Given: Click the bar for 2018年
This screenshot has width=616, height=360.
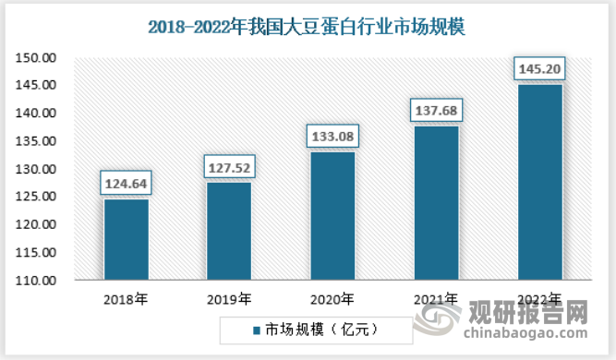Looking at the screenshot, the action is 127,239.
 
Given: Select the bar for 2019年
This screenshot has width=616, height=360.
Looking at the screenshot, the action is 229,231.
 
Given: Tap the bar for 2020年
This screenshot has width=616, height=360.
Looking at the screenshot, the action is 332,216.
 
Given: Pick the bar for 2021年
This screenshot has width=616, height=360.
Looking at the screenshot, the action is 437,203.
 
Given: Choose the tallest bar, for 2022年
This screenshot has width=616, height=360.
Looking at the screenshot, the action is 540,182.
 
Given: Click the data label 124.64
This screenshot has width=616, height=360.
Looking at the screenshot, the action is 127,184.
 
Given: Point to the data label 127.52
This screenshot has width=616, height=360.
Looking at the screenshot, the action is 229,168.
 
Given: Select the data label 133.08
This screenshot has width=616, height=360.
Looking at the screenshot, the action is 332,137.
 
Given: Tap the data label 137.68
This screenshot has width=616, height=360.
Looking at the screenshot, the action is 437,111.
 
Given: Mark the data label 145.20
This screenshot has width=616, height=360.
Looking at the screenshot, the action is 539,68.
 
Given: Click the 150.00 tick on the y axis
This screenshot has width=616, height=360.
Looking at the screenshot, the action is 36,58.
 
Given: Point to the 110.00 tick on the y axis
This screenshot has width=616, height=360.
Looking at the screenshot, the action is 36,281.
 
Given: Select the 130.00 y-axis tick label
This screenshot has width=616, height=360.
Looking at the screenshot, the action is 36,169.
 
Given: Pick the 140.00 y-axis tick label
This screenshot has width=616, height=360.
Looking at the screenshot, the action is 36,114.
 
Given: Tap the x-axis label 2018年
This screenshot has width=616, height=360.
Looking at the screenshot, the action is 126,300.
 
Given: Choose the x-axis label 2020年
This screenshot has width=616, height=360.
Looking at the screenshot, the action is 332,300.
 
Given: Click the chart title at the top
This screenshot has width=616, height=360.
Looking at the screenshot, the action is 307,27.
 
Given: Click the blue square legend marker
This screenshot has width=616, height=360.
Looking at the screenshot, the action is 257,330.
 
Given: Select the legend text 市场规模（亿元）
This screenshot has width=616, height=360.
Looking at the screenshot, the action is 321,330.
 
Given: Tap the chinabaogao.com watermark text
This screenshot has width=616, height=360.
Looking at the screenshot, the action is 525,333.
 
